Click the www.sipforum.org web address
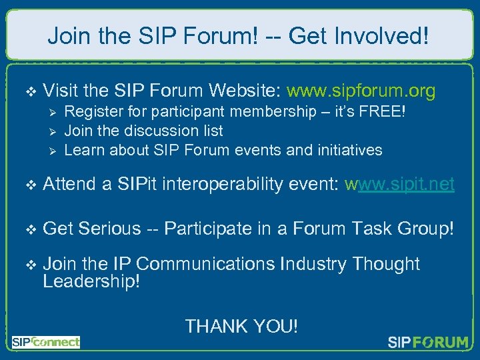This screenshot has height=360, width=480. point(361,91)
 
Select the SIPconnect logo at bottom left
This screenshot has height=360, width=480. point(45,342)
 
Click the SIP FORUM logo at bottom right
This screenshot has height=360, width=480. point(428,343)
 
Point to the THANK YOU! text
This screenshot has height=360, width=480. point(241,326)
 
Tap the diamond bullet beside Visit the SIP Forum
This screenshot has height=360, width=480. point(27,91)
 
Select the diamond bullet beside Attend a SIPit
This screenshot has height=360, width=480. point(27,185)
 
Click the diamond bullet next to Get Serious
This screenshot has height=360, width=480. point(27,229)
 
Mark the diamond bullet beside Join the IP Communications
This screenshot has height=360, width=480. point(27,265)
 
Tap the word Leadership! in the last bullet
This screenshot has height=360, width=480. point(91,281)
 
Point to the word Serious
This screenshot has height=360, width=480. point(109,229)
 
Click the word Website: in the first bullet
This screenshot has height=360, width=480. point(244,91)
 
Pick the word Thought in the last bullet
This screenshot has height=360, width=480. point(386,264)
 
